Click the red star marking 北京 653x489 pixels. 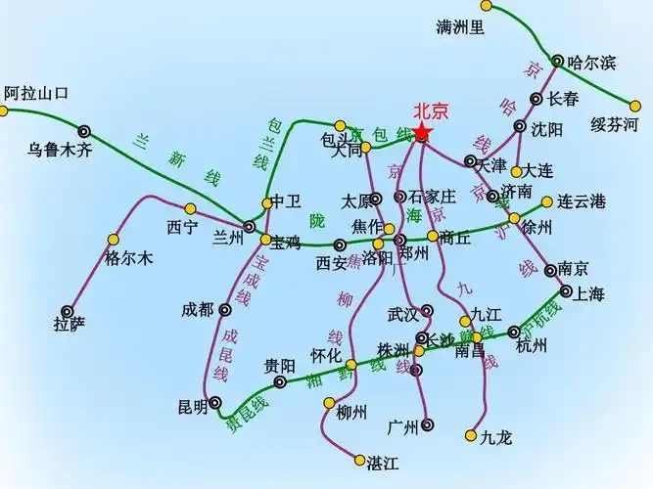pos(422,133)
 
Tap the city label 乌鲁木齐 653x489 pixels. pos(59,150)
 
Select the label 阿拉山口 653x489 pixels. pos(37,94)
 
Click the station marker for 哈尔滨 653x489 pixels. pos(557,61)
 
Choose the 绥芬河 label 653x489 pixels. pos(614,124)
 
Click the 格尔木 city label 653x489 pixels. pos(128,259)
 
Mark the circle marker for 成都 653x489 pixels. pos(224,310)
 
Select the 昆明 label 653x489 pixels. pos(193,406)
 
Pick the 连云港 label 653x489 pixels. pos(582,202)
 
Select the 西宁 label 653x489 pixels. pos(182,227)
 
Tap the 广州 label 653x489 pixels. pos(403,426)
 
